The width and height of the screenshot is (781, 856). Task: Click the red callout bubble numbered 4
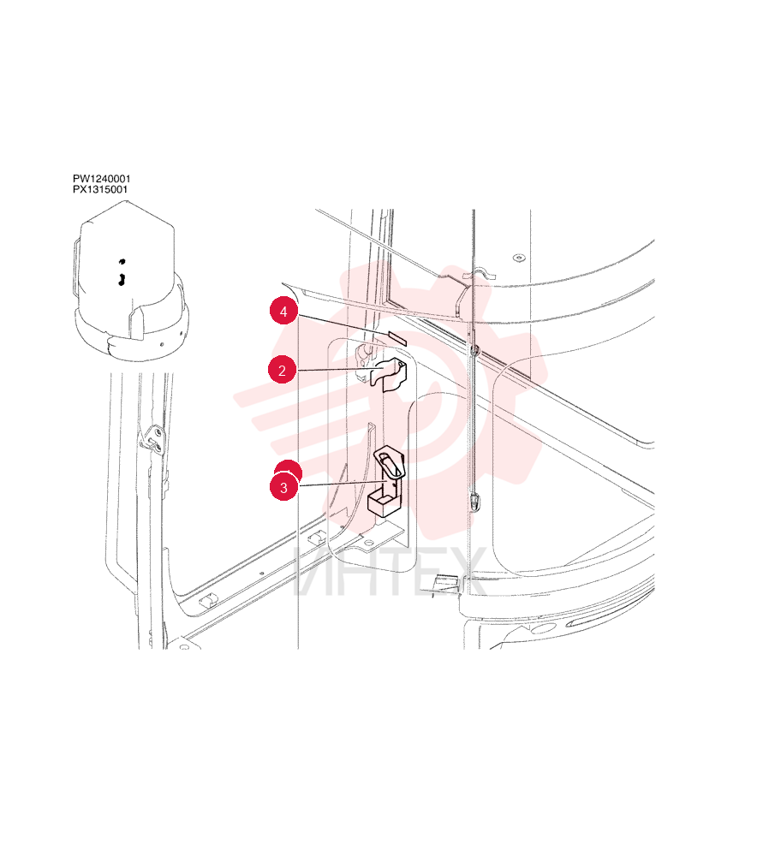pos(283,311)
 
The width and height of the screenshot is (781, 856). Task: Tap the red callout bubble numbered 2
pos(282,370)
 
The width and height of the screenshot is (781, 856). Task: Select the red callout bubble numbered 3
pos(284,487)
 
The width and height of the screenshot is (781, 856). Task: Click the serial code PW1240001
pos(102,179)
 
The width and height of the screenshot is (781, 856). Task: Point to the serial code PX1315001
pos(100,189)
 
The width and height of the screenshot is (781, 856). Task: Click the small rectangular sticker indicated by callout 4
pos(397,336)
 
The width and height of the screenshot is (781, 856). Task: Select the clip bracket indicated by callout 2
pos(389,374)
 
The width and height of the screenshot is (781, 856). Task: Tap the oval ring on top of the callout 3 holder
pos(389,460)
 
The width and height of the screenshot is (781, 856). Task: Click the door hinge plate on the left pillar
pos(154,440)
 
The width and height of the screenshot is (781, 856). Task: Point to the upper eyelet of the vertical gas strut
pos(474,349)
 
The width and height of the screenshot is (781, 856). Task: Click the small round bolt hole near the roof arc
pos(518,258)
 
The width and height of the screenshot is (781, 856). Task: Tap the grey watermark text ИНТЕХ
pos(390,572)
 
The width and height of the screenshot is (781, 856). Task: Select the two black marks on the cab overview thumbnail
pos(122,273)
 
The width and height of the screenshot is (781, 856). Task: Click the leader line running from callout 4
pos(343,325)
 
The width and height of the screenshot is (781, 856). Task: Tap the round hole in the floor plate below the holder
pos(369,543)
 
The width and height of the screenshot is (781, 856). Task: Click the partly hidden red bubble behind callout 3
pos(288,467)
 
